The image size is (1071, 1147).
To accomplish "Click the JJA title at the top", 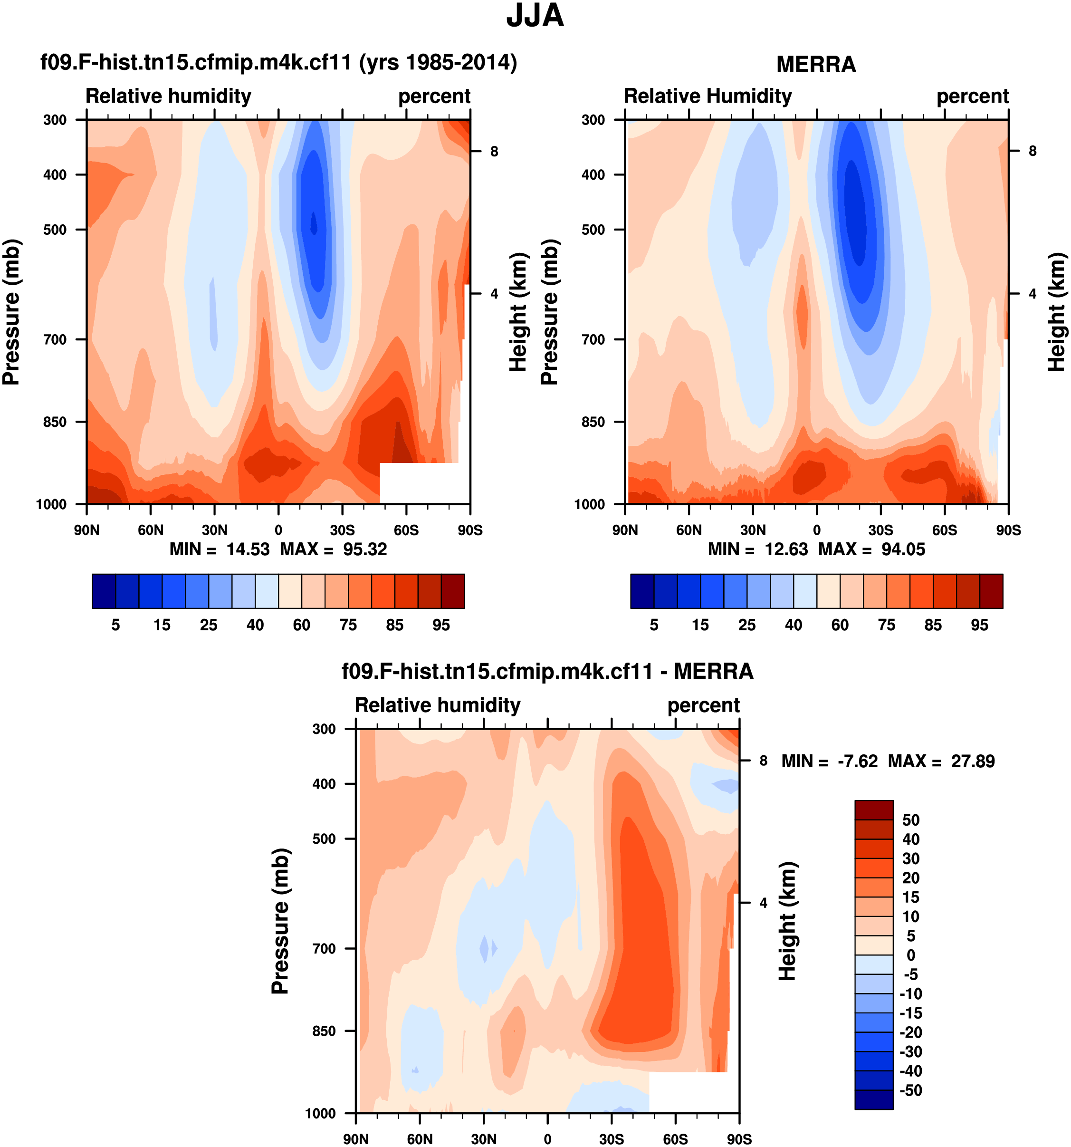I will [535, 16].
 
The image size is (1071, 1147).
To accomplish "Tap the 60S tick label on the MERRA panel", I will [944, 530].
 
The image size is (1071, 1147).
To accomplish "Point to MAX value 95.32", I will [365, 549].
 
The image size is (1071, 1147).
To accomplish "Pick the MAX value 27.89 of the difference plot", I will [973, 761].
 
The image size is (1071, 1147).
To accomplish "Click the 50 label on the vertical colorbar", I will [911, 820].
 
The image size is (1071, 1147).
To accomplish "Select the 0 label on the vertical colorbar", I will [911, 955].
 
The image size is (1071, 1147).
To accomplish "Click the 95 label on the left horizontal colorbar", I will [441, 625].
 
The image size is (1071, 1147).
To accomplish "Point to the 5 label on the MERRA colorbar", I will [654, 625].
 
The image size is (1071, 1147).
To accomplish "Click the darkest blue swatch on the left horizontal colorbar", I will [104, 591].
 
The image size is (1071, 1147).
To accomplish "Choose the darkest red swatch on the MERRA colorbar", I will [991, 591].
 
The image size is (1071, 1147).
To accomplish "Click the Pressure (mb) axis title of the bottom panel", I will [280, 921].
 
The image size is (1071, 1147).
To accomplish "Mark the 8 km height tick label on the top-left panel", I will [494, 151].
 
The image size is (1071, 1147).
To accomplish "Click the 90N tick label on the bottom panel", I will [356, 1139].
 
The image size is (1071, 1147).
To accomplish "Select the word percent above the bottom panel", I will [703, 705].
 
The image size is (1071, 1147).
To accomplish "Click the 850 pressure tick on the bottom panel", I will [324, 1031].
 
